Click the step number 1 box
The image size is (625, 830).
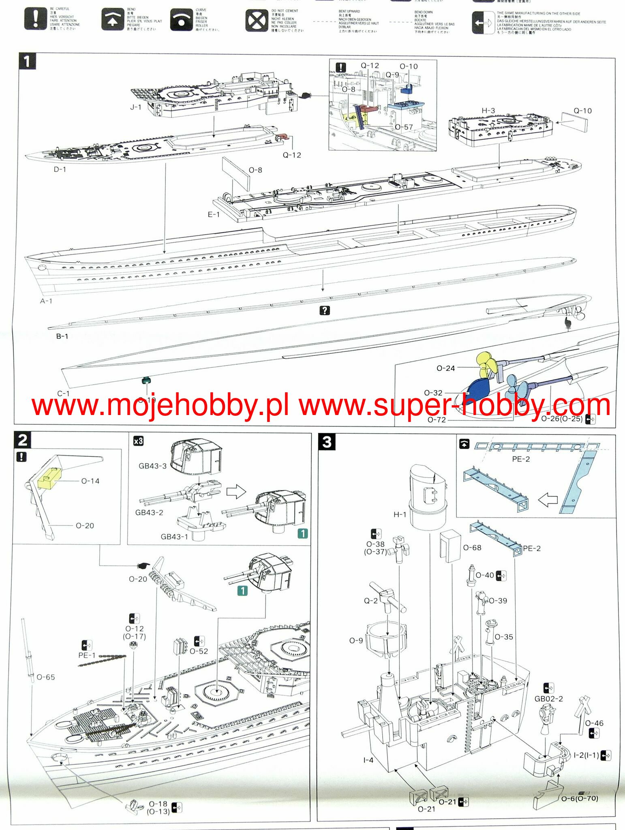point(27,62)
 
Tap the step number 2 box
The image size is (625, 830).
point(22,440)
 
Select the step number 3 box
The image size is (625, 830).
point(327,442)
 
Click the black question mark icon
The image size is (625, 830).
point(325,310)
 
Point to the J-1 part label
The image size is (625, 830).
point(136,107)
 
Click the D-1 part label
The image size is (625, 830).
point(60,169)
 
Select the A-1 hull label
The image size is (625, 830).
point(46,301)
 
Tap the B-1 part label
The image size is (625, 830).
point(62,336)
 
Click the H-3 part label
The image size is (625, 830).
point(488,111)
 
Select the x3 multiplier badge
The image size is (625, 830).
point(138,441)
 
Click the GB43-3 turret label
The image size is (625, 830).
point(152,466)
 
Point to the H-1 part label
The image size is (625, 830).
point(400,514)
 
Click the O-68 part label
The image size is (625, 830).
point(472,548)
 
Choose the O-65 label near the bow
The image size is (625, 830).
point(45,677)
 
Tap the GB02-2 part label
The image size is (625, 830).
point(548,699)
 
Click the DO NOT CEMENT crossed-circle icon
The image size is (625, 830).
point(256,21)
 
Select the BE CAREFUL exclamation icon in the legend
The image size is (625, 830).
point(36,19)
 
